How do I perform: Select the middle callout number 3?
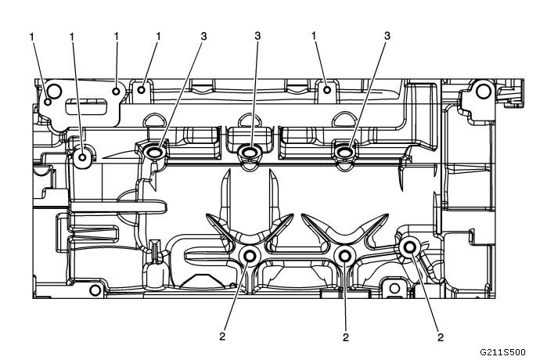(257, 36)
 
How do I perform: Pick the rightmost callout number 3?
(387, 36)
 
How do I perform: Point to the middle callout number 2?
(346, 337)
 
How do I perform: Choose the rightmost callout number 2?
(440, 337)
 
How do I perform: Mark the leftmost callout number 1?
(32, 36)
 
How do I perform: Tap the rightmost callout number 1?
(314, 36)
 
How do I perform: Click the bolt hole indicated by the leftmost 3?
(153, 151)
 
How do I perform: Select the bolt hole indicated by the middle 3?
(250, 151)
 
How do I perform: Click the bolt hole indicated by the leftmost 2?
(250, 257)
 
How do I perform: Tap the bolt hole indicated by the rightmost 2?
(408, 248)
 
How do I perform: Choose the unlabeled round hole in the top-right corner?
(483, 92)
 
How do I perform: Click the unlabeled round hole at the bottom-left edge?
(95, 291)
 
